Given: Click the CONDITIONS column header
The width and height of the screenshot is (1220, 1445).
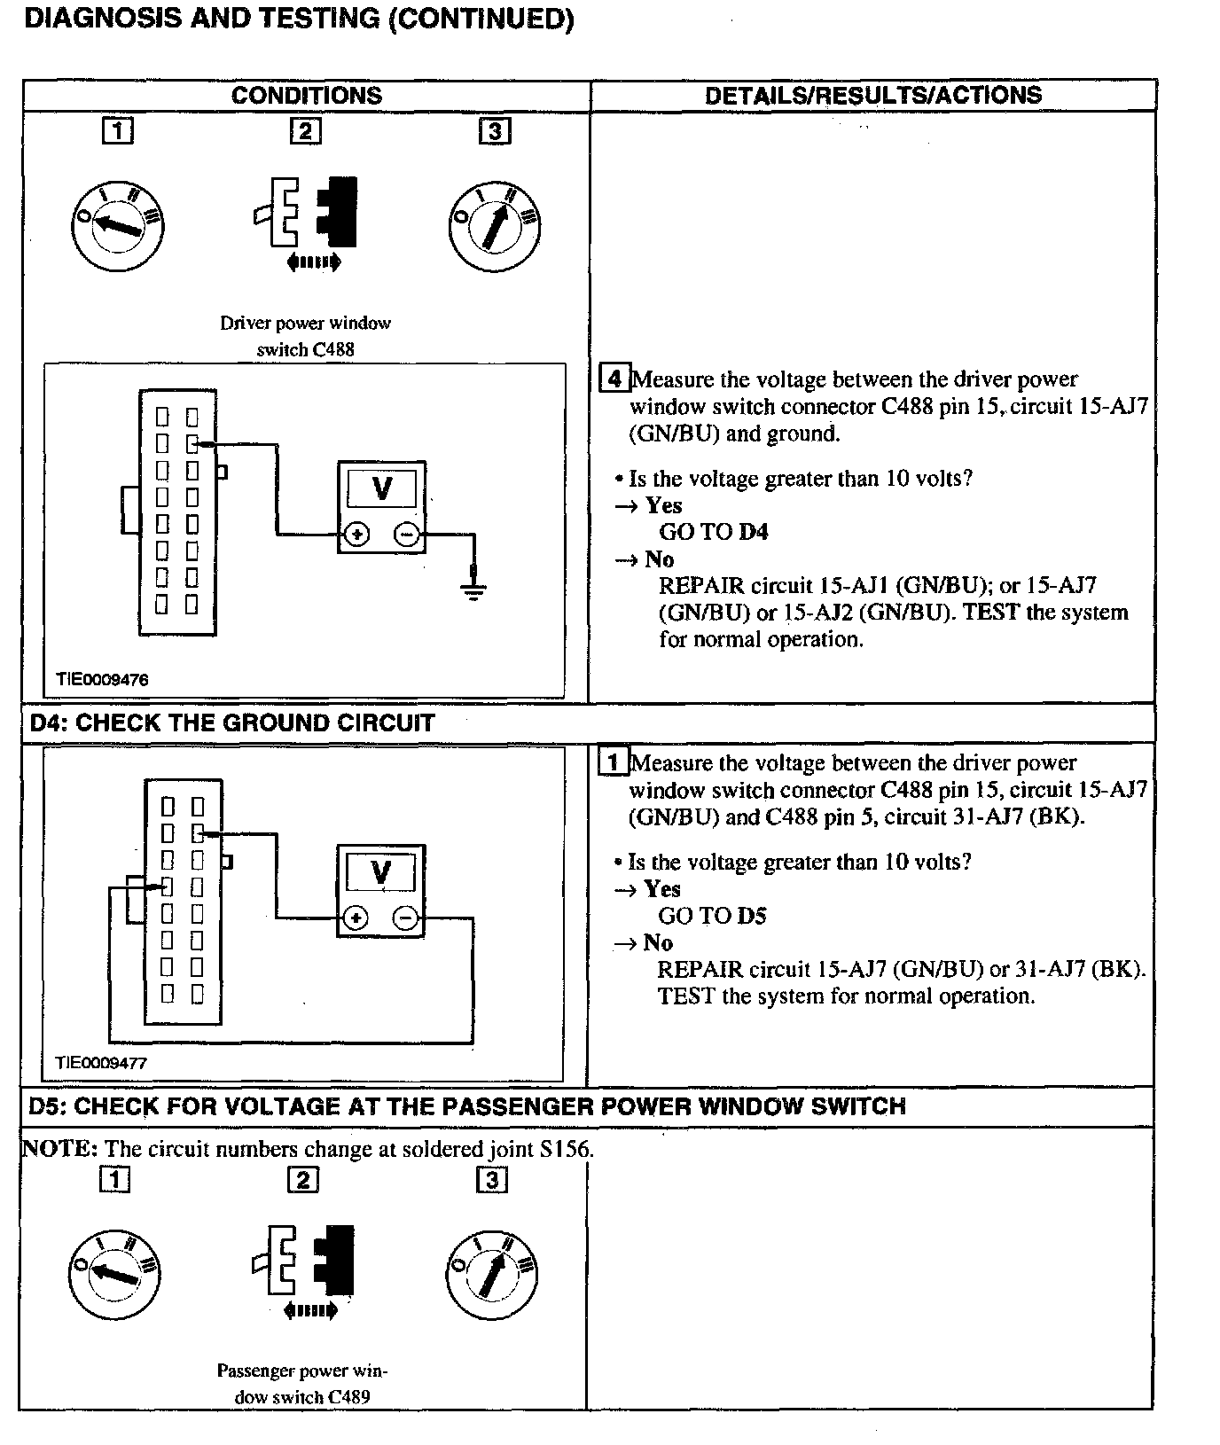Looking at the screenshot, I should pos(306,96).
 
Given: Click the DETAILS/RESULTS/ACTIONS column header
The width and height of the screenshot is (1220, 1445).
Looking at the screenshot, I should pos(872,96).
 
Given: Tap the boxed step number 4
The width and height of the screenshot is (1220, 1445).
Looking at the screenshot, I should pos(614,379).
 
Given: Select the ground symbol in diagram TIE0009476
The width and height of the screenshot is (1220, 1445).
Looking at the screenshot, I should pos(474,590).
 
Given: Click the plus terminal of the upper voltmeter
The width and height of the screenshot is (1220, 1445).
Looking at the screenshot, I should pos(356,535).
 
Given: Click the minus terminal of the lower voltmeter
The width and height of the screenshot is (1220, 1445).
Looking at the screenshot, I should pos(405,918).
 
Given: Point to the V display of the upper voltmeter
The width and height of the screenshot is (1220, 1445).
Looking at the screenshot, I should pos(381,488).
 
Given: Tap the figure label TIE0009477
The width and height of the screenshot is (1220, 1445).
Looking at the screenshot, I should pos(101,1062).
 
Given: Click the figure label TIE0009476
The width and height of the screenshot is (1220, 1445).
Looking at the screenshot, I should pos(102,680).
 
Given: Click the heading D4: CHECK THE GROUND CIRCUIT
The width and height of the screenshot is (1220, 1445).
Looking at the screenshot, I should pos(232,723).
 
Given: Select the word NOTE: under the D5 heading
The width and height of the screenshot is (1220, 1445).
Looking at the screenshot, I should pos(59,1149).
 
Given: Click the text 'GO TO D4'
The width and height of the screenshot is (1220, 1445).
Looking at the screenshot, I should pos(713,532).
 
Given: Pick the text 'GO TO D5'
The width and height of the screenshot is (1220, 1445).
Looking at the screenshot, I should pos(711,916).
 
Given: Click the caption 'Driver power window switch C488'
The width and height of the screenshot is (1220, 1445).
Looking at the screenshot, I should pos(305,336).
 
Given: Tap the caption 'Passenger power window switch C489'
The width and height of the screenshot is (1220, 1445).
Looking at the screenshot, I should pos(302,1383).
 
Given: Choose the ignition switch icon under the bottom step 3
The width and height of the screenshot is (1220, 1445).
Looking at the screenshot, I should pos(492,1273).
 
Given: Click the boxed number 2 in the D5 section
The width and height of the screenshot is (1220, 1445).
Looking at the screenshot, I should pos(303,1180).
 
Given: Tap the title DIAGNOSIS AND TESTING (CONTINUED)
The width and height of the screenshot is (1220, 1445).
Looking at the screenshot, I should pos(299,20).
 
